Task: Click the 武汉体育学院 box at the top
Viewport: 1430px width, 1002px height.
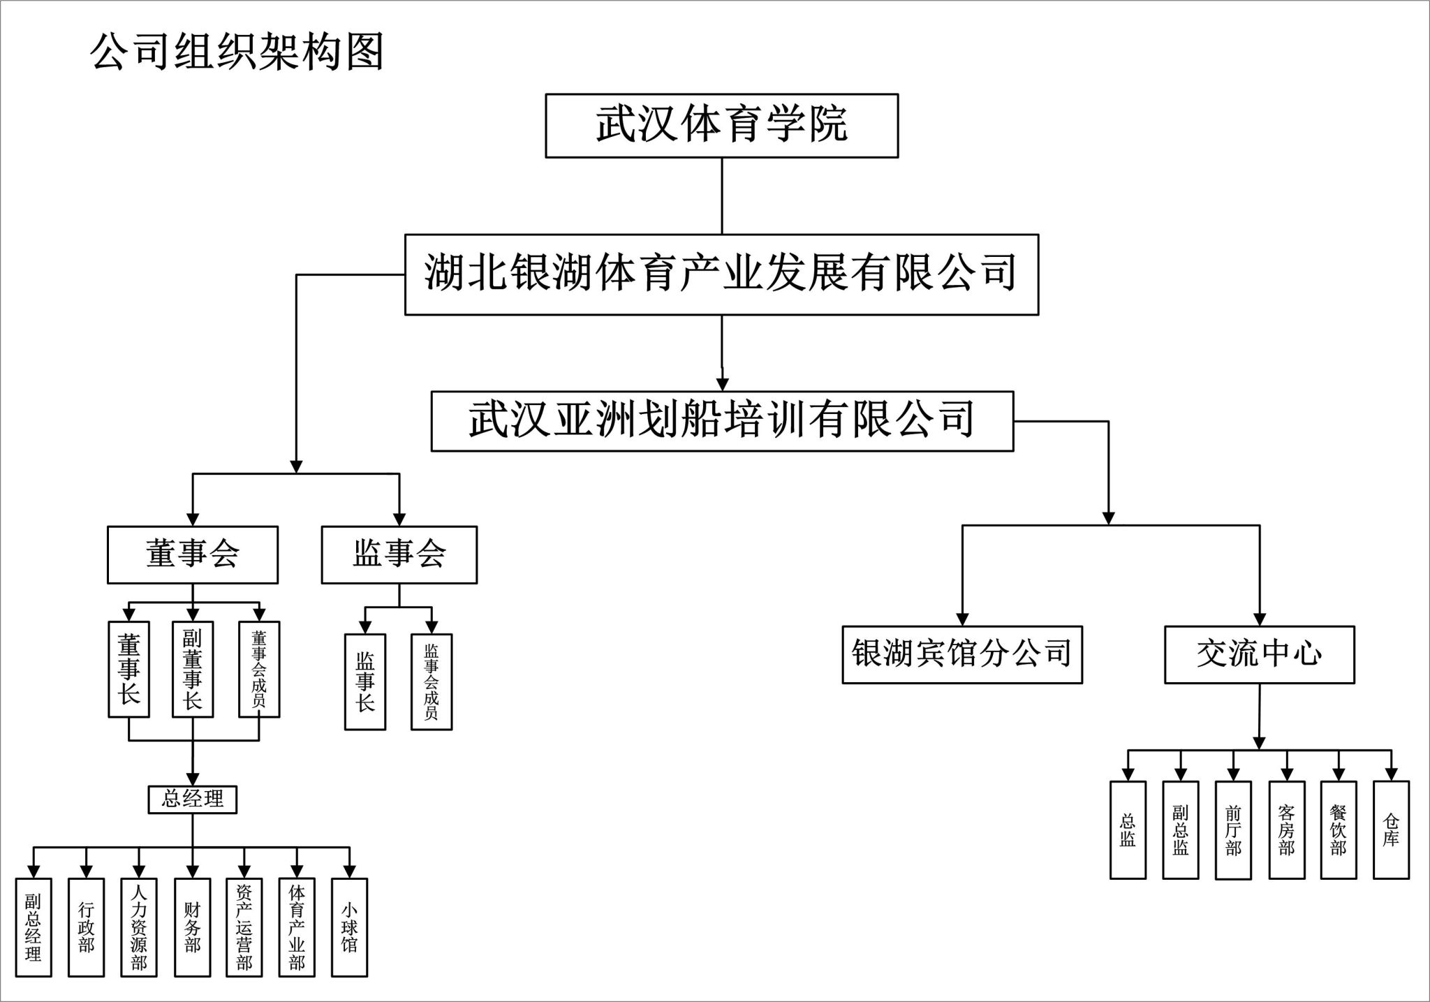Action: point(721,126)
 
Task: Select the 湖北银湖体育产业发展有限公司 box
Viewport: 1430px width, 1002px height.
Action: point(721,274)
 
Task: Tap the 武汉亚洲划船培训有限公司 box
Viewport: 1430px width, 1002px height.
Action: point(722,421)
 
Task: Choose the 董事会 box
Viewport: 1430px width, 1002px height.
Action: point(193,555)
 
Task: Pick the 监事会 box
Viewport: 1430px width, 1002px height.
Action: point(399,555)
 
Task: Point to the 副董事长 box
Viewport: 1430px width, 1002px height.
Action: point(193,669)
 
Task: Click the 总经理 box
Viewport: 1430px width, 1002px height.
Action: point(193,800)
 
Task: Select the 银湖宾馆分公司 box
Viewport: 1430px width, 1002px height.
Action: point(962,654)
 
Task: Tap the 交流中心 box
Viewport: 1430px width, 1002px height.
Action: point(1259,654)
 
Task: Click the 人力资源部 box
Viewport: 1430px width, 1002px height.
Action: point(139,927)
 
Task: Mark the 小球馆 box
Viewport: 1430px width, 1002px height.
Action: point(349,927)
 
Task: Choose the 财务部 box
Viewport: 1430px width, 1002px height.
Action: point(192,927)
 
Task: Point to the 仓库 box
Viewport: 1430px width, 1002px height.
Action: point(1391,830)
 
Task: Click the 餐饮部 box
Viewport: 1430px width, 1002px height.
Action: point(1339,830)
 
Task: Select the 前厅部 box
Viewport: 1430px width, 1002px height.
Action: point(1233,830)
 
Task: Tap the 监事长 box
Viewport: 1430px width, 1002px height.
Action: point(365,681)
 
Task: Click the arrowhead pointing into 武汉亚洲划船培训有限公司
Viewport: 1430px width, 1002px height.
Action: point(723,384)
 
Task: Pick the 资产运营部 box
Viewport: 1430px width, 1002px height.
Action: point(244,927)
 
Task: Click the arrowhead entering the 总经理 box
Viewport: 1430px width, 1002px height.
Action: point(193,779)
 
